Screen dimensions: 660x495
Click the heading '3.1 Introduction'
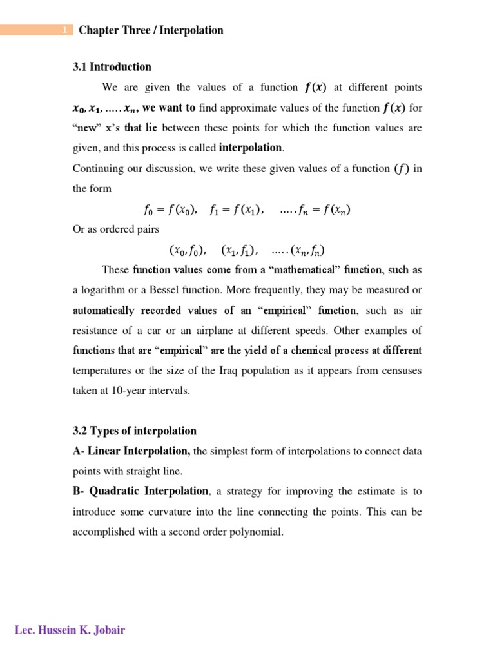click(112, 67)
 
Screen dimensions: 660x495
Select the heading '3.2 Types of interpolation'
click(135, 431)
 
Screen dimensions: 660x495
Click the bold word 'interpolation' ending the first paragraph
click(250, 148)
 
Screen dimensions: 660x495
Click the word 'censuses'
click(400, 371)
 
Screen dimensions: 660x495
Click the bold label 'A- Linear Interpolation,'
click(131, 451)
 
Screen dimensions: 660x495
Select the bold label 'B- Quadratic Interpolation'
click(141, 491)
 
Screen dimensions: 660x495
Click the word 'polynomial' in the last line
click(258, 532)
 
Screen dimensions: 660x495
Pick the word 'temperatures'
click(106, 371)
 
